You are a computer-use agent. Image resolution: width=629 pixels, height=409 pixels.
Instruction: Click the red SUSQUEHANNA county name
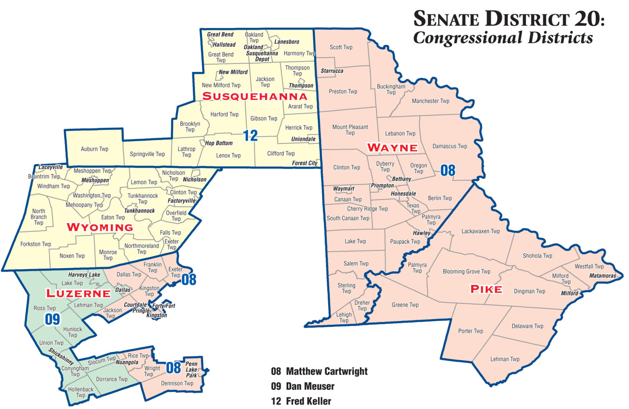[x=255, y=97]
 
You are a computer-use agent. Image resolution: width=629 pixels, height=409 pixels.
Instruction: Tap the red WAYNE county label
[x=392, y=148]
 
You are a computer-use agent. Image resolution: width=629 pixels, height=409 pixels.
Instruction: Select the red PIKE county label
[x=486, y=289]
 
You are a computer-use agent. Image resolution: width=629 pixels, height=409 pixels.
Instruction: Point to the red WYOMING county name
[x=100, y=227]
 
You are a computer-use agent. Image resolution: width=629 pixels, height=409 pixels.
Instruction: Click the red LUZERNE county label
[x=78, y=293]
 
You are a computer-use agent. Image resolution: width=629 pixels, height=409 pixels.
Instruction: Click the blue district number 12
[x=250, y=135]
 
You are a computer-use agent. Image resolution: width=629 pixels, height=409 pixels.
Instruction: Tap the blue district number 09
[x=52, y=319]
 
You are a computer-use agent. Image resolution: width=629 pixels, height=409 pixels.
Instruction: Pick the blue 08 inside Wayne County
[x=448, y=170]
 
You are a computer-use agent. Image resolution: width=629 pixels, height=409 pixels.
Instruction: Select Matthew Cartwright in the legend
[x=326, y=371]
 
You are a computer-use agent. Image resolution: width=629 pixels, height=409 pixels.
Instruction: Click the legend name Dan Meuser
[x=310, y=386]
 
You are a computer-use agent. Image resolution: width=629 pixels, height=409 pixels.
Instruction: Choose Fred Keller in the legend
[x=308, y=401]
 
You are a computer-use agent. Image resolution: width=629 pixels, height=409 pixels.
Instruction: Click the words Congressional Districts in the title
[x=503, y=38]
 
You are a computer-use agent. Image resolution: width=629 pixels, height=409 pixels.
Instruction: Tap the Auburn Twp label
[x=95, y=149]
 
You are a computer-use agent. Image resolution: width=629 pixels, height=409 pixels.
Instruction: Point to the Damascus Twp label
[x=450, y=146]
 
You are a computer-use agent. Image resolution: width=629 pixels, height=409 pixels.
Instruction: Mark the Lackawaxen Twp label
[x=480, y=231]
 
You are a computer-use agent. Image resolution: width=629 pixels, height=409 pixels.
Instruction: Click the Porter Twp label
[x=471, y=331]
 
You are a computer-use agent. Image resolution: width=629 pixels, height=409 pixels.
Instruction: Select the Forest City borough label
[x=305, y=163]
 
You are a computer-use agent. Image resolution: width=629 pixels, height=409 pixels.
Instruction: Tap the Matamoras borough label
[x=602, y=276]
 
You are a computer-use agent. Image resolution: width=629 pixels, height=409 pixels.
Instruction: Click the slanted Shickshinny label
[x=61, y=356]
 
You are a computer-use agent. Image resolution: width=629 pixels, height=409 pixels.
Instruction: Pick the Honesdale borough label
[x=403, y=193]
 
